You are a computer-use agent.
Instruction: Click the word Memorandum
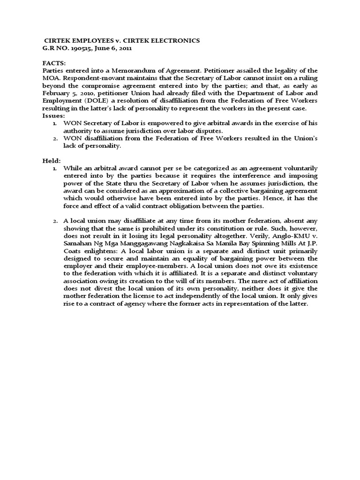coord(124,70)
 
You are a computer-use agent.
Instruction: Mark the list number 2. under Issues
coord(55,138)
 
